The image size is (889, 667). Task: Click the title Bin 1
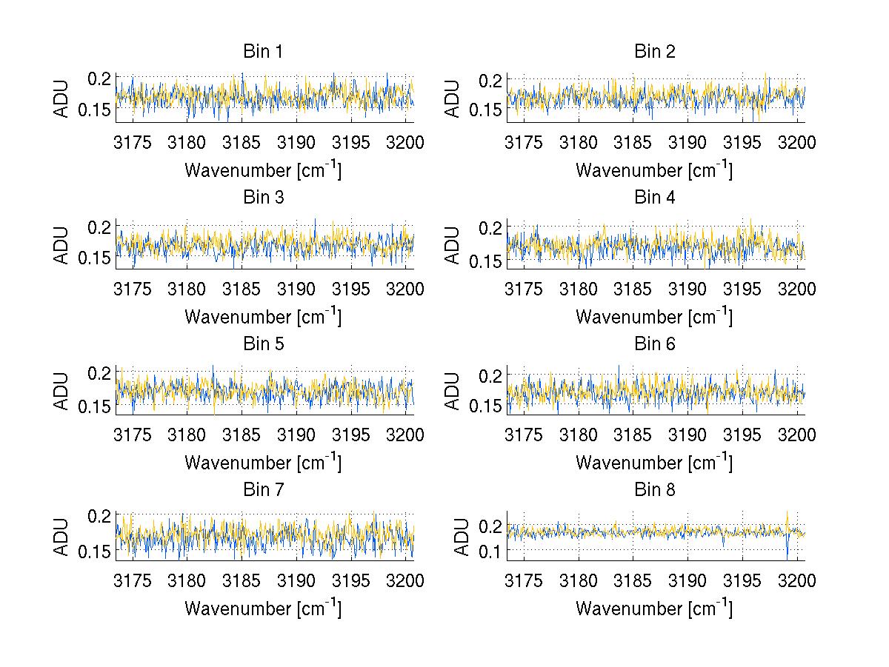[x=262, y=52]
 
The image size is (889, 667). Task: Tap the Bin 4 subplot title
[x=654, y=198]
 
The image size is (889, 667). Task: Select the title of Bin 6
[x=654, y=343]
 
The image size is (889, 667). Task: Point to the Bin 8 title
[x=654, y=489]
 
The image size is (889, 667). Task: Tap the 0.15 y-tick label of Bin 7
[x=96, y=551]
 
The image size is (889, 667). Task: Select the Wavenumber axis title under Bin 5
[x=263, y=463]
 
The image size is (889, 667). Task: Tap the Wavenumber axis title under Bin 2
[x=654, y=170]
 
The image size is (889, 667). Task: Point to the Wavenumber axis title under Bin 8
[x=654, y=609]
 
